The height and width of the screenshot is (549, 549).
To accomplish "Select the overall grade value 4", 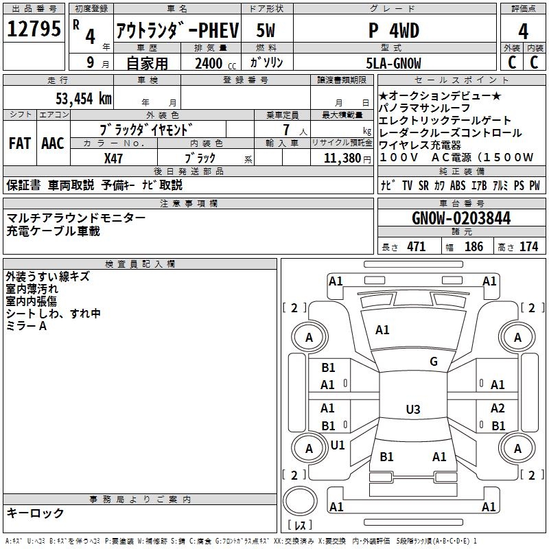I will coord(524,31).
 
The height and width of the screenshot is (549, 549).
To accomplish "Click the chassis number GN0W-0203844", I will coord(461,219).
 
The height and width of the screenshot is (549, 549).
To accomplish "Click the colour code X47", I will coord(113,158).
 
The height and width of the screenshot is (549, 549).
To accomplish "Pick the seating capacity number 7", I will coord(284,130).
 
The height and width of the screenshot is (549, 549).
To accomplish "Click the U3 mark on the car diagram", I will coord(412,410).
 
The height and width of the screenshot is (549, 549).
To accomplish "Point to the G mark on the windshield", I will coord(433,362).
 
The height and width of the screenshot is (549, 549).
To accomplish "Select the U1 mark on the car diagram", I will coord(338,445).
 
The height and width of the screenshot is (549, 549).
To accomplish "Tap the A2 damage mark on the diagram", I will coord(498,408).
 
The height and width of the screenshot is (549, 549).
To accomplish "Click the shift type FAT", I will coord(20,143).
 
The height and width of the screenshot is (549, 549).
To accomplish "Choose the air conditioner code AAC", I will coord(52,143).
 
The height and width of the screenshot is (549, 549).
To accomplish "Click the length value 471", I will coord(416,247).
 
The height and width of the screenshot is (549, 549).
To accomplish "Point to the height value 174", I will coord(528,247).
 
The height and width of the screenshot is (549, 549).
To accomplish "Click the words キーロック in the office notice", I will coord(35,513).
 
